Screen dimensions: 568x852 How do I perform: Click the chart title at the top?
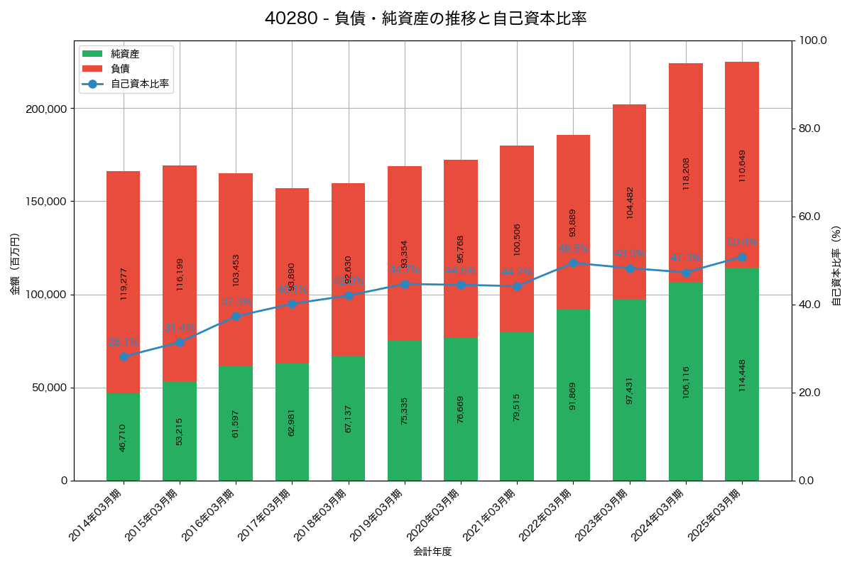tap(425, 18)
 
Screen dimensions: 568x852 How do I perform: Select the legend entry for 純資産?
tap(125, 54)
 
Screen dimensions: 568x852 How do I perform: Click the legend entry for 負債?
tap(120, 69)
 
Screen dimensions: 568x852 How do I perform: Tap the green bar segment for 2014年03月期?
tap(124, 437)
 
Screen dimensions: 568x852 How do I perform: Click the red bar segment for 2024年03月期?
tap(686, 173)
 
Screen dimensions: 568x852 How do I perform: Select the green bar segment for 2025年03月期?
tap(742, 374)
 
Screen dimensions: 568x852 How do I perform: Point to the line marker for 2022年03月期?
tap(574, 263)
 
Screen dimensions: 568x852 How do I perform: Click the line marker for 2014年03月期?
tap(124, 356)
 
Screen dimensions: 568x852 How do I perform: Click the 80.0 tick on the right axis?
tap(809, 129)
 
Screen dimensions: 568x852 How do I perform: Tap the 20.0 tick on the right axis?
tap(809, 393)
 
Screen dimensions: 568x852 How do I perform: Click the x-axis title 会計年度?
tap(432, 551)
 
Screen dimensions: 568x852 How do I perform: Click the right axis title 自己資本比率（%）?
tap(836, 266)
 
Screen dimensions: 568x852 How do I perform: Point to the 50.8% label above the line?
tap(742, 242)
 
